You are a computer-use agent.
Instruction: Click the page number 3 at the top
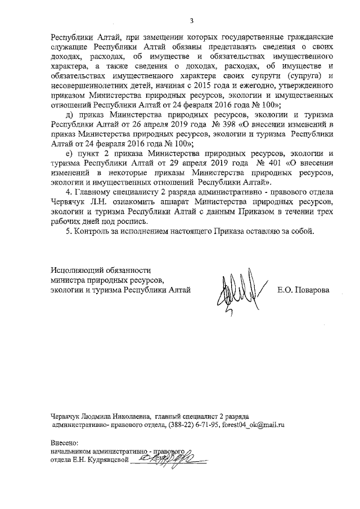191,21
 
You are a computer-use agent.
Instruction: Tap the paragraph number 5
68,231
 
